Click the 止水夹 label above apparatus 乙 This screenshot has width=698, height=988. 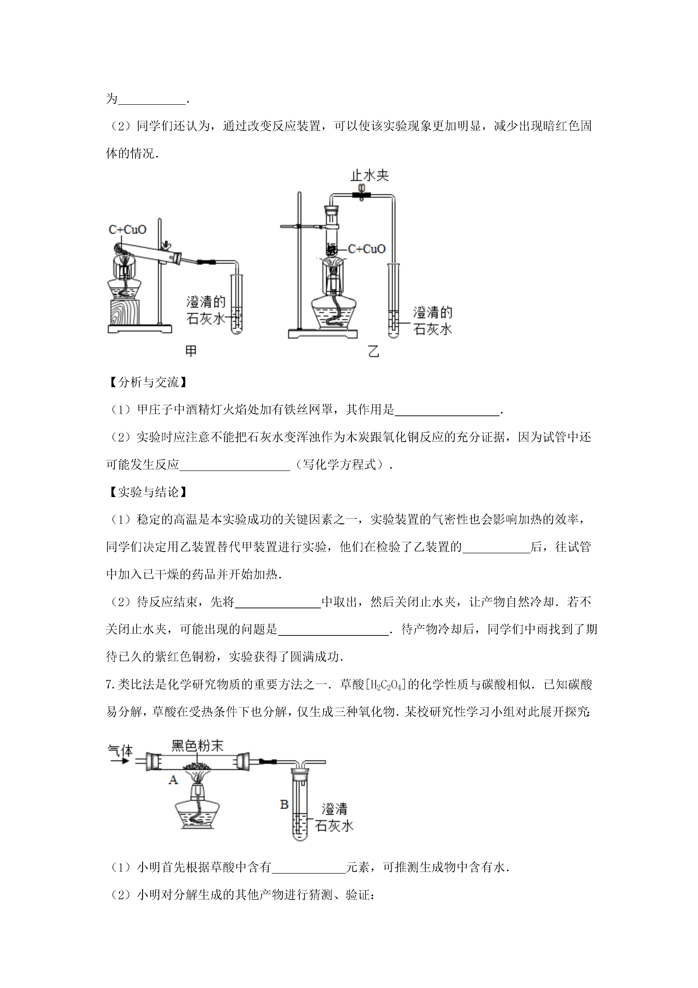pyautogui.click(x=370, y=175)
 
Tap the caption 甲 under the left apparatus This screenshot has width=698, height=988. pyautogui.click(x=191, y=351)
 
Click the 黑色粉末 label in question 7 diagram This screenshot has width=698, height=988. pyautogui.click(x=197, y=746)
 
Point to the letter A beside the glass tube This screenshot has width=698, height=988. pyautogui.click(x=173, y=780)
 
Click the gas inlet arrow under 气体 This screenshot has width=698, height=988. pyautogui.click(x=120, y=761)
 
